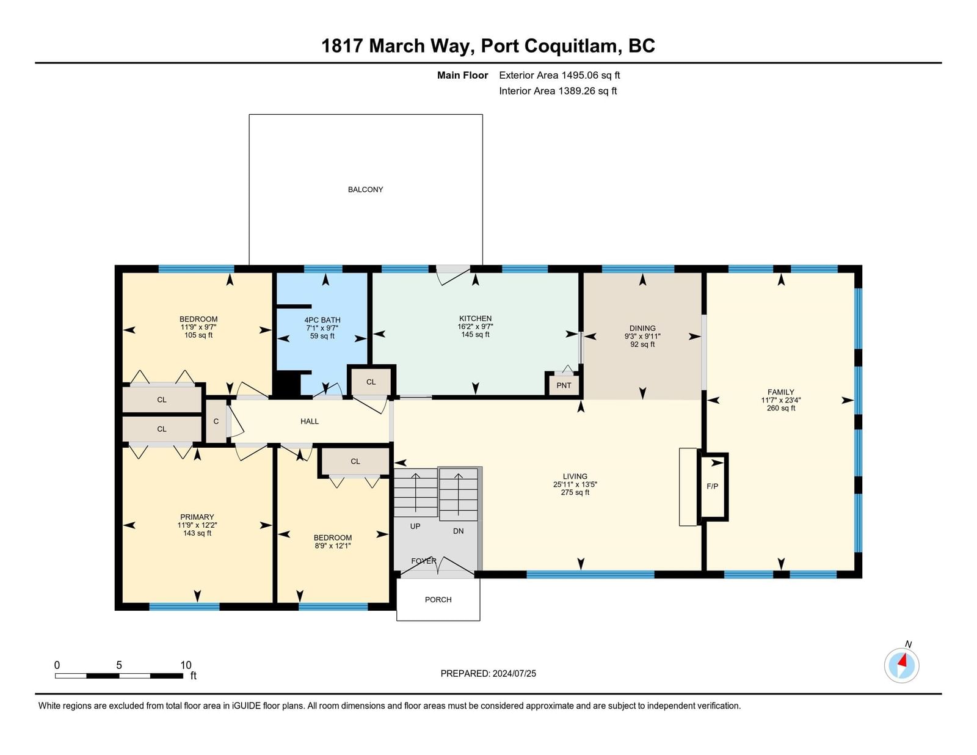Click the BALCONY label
click(365, 190)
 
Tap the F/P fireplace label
click(712, 486)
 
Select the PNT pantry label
click(564, 385)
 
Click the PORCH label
click(438, 599)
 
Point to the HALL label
click(310, 421)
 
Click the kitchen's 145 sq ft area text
click(475, 335)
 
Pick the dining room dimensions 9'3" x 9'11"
click(642, 337)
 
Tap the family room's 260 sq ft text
click(781, 408)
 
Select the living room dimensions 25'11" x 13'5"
click(575, 484)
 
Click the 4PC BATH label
click(322, 320)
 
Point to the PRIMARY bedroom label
click(197, 517)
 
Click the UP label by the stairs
click(415, 526)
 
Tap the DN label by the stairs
click(458, 531)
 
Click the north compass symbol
click(901, 666)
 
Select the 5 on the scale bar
click(118, 665)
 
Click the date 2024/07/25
click(514, 674)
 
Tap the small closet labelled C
click(216, 421)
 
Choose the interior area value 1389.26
click(576, 91)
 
